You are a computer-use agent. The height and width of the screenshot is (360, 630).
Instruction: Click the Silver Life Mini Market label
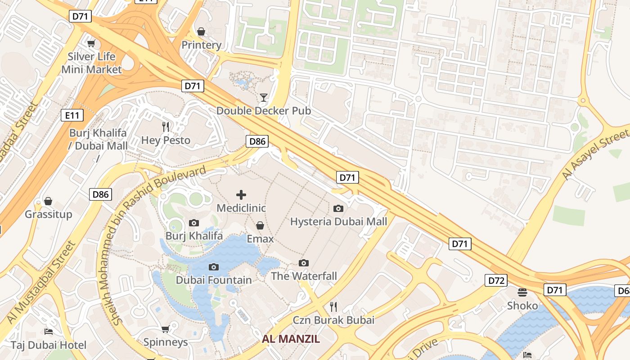(x=91, y=63)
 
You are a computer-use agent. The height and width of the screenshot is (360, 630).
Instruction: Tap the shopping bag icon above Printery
(x=201, y=31)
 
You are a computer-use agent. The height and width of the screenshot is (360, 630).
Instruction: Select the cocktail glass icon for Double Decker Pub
(x=264, y=97)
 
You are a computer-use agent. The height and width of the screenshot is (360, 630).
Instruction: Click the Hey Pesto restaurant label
(x=166, y=140)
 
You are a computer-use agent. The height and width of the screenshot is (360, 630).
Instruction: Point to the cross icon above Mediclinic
(x=241, y=195)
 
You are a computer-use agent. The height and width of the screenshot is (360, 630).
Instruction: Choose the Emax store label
(x=260, y=238)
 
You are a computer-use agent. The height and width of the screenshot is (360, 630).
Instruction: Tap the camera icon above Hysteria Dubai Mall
(x=338, y=208)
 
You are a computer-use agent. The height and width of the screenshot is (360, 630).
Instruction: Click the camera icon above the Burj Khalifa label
(x=194, y=223)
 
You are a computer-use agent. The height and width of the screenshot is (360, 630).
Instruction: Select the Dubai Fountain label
(x=214, y=280)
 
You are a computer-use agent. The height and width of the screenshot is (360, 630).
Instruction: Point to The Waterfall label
(x=304, y=276)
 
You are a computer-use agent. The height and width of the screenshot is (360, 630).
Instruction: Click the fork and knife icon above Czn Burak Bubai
(x=333, y=307)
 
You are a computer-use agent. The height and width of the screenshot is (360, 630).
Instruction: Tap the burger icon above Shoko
(x=522, y=292)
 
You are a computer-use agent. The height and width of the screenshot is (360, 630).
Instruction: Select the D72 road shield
(x=496, y=280)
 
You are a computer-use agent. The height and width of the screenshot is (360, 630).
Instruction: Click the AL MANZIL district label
(x=291, y=339)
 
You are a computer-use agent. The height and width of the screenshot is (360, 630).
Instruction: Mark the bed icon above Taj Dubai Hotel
(x=49, y=332)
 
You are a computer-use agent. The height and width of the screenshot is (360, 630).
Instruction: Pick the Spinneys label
(x=166, y=342)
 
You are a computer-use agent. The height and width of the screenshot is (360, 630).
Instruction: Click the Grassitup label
(x=48, y=214)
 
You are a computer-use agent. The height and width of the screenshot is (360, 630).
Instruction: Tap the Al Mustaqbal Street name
(x=41, y=282)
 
